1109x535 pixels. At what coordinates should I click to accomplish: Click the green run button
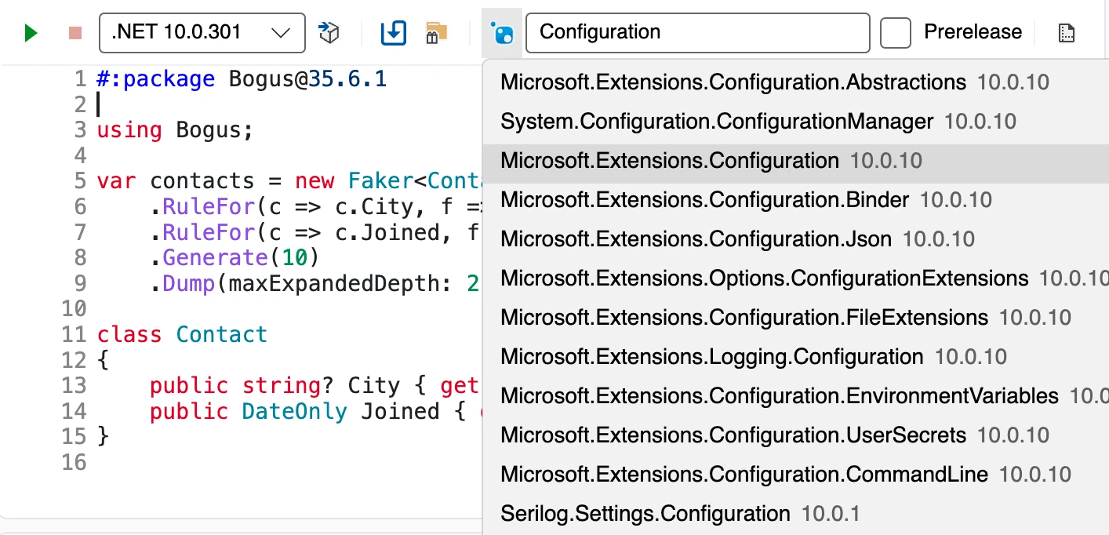[x=31, y=33]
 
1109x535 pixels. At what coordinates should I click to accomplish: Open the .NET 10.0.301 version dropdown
[x=202, y=33]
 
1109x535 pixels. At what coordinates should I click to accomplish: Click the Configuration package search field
[x=697, y=33]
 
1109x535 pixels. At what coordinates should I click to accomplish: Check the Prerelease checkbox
[x=895, y=33]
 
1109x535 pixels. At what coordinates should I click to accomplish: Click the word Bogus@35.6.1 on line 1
[x=307, y=79]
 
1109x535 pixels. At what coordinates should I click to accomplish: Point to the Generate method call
[x=215, y=257]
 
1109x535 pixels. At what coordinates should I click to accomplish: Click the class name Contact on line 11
[x=222, y=334]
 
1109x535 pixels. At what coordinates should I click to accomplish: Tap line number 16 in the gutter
[x=74, y=462]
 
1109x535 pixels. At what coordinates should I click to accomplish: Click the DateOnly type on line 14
[x=295, y=412]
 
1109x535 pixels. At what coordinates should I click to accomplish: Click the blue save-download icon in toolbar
[x=394, y=33]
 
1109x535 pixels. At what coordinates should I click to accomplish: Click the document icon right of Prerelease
[x=1067, y=33]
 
